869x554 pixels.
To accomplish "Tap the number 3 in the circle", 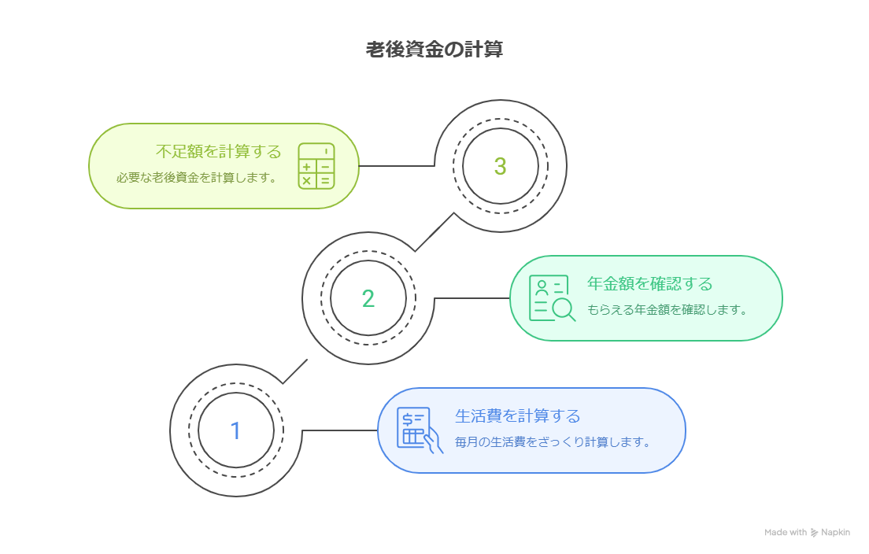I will click(500, 166).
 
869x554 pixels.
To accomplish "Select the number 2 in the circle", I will click(368, 298).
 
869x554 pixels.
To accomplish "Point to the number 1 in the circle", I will click(235, 430).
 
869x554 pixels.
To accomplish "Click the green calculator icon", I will click(316, 166).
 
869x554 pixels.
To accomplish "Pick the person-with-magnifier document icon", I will click(551, 298).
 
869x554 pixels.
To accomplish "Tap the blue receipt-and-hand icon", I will click(419, 430).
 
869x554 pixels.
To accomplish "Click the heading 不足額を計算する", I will click(218, 152).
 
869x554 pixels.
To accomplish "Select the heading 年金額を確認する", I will click(649, 284).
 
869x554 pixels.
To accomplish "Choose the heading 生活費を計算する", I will click(517, 415).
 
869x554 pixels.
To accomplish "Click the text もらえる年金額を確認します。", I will click(667, 310).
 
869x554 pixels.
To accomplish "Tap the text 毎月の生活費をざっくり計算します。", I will click(553, 442).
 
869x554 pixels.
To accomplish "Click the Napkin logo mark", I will click(814, 533).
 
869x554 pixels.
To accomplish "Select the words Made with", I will click(785, 533).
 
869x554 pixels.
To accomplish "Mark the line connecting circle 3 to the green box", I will click(394, 166).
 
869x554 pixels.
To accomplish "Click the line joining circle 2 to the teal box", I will click(472, 298).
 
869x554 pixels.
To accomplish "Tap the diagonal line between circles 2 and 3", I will click(434, 232).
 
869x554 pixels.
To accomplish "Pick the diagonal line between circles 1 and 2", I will click(295, 371).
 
